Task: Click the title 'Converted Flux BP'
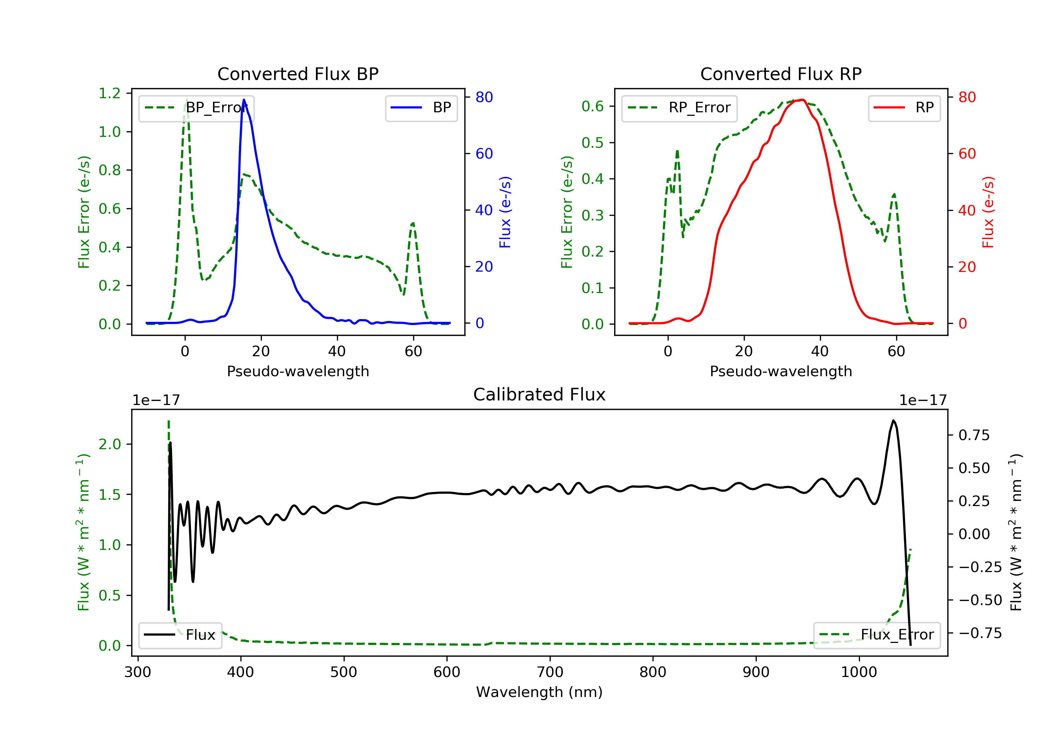tap(298, 74)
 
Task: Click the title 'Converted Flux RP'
tap(781, 74)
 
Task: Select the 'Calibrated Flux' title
tap(539, 394)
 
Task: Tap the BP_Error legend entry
tap(196, 108)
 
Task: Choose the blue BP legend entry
tap(421, 108)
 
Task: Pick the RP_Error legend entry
tap(679, 108)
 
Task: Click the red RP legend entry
tap(904, 108)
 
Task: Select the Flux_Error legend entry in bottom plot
tap(876, 635)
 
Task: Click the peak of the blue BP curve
tap(244, 100)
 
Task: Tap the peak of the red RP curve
tap(801, 100)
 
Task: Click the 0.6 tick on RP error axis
tap(592, 106)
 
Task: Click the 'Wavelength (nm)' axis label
tap(539, 692)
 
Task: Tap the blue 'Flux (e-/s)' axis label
tap(505, 212)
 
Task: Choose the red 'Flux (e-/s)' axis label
tap(988, 212)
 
